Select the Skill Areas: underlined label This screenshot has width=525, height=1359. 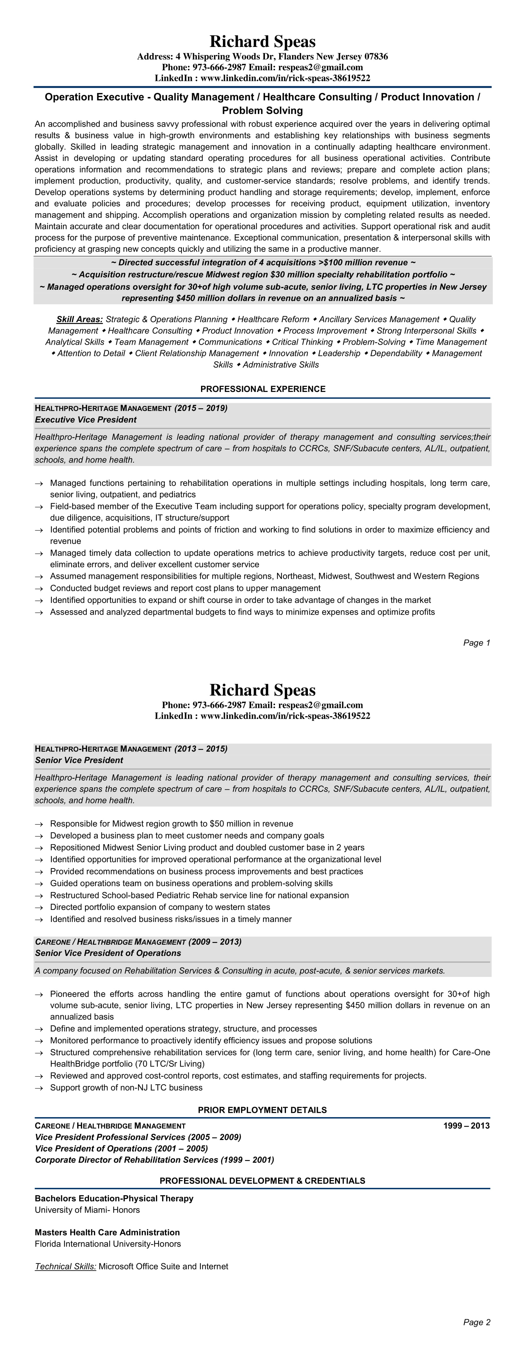click(79, 319)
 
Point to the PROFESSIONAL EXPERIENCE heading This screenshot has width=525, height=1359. click(263, 389)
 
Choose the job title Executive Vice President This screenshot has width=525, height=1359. click(86, 419)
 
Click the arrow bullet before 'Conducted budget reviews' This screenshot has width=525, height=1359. click(39, 588)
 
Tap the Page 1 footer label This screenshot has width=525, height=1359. click(477, 642)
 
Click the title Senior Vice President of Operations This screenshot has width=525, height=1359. click(108, 953)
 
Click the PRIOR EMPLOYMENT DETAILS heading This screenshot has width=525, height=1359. click(262, 1110)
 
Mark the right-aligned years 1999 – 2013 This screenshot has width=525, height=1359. click(466, 1126)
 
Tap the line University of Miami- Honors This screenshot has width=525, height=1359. click(87, 1210)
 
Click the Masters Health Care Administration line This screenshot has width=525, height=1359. click(107, 1232)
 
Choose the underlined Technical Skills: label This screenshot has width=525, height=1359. click(65, 1266)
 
